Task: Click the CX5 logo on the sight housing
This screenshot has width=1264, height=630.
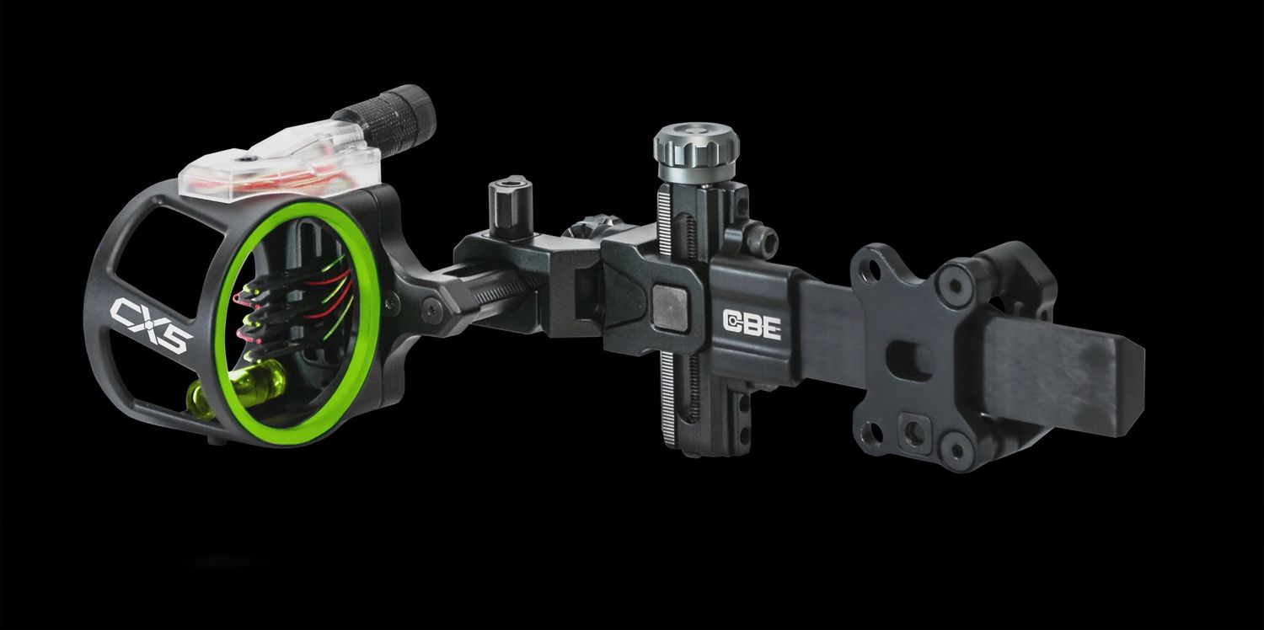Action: click(x=151, y=325)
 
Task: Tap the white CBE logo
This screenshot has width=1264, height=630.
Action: click(x=753, y=325)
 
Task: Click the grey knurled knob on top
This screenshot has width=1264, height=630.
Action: click(x=696, y=146)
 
